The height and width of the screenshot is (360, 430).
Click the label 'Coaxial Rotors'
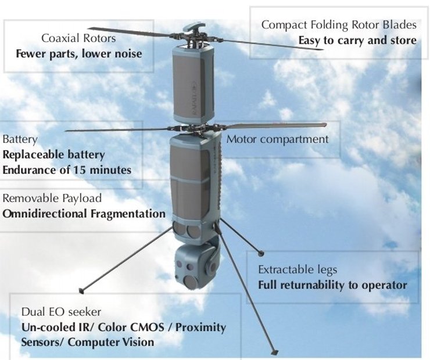pyautogui.click(x=78, y=38)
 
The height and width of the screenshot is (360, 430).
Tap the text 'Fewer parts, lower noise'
pyautogui.click(x=78, y=54)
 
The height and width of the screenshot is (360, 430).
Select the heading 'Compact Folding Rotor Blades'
pyautogui.click(x=339, y=25)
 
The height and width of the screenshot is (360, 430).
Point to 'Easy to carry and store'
pyautogui.click(x=357, y=41)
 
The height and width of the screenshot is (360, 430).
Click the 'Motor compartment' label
pyautogui.click(x=277, y=139)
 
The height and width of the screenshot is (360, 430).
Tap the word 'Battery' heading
pyautogui.click(x=20, y=139)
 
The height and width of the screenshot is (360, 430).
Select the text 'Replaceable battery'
pyautogui.click(x=53, y=155)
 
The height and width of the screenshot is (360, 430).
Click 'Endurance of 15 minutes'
pyautogui.click(x=67, y=170)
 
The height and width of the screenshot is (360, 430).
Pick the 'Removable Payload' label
pyautogui.click(x=52, y=198)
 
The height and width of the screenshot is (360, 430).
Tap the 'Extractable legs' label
pyautogui.click(x=298, y=270)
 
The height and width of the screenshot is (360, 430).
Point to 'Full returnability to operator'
pyautogui.click(x=332, y=285)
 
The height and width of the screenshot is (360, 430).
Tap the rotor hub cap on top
pyautogui.click(x=193, y=26)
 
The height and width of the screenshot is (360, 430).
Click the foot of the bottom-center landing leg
pyautogui.click(x=274, y=352)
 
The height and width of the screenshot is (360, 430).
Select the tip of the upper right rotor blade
pyautogui.click(x=321, y=49)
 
